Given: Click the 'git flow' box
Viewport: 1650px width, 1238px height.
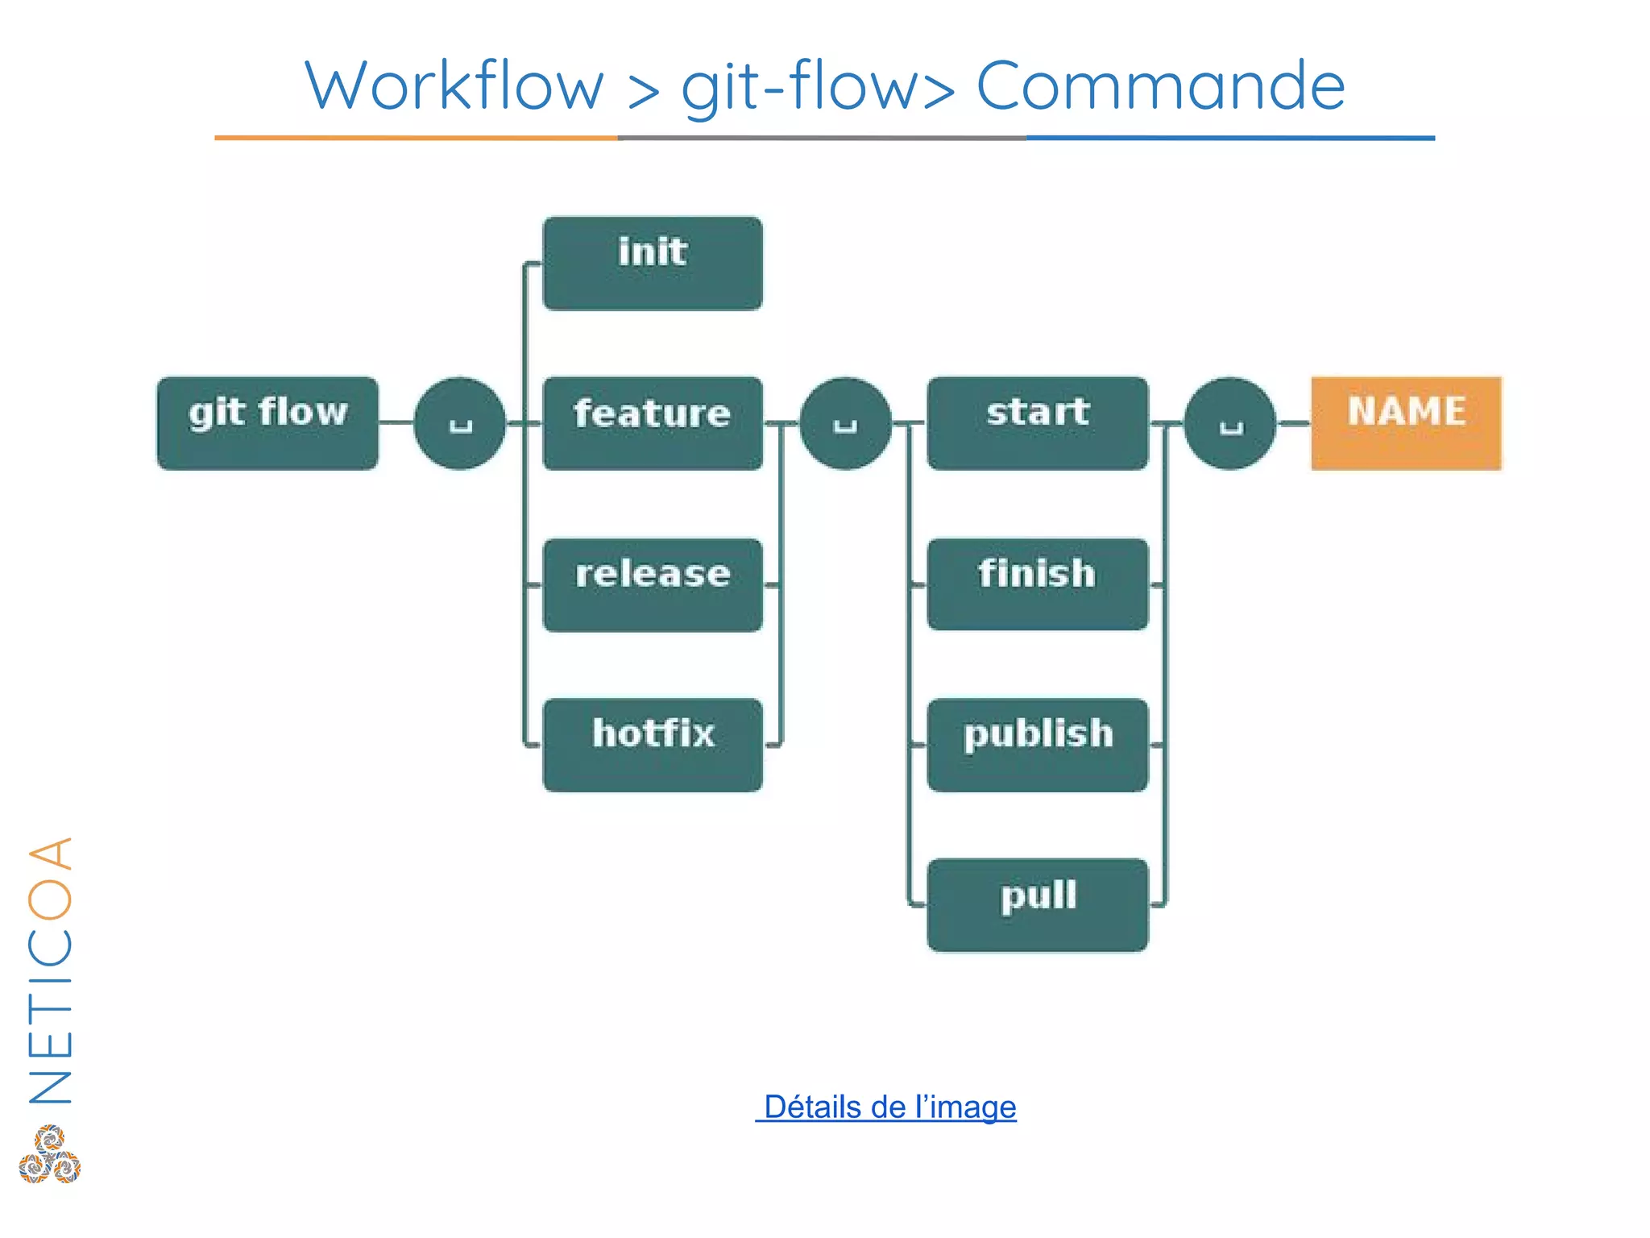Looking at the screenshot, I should coord(267,422).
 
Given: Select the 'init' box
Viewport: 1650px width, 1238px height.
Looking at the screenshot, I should coord(653,263).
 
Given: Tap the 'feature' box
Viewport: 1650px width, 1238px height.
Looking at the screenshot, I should coord(653,422).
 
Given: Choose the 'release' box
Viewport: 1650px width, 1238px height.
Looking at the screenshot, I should coord(653,584).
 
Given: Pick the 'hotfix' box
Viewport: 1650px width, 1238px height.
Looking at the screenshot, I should coord(653,744).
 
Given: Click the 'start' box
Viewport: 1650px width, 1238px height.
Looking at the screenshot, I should coord(1038,422).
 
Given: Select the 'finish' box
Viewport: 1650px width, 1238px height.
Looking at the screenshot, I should coord(1038,584).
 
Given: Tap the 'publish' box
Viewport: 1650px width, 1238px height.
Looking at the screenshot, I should coord(1038,744).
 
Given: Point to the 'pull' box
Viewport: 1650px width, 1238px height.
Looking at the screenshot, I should coord(1038,904).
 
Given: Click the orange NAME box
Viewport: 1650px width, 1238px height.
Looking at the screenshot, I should coord(1406,422).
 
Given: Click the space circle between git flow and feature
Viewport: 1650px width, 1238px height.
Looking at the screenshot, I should coord(460,423).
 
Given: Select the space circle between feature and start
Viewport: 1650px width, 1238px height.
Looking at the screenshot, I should coord(845,423).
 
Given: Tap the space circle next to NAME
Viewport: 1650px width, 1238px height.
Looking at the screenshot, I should coord(1230,423).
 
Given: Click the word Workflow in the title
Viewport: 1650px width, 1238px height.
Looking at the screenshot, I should coord(454,85).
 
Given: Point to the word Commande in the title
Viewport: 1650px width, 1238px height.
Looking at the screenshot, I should coord(1160,85).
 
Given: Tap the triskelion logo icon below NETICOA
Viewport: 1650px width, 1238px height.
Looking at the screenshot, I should coord(50,1154).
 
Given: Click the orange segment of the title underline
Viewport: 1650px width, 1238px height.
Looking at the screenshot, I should coord(416,138).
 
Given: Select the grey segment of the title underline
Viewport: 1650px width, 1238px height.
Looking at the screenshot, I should coord(822,138).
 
